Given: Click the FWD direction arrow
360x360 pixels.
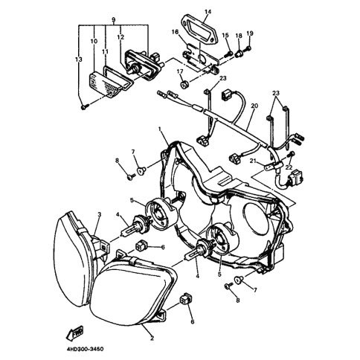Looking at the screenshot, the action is coord(74,333).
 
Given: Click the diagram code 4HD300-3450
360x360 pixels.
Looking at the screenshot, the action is coord(85,350).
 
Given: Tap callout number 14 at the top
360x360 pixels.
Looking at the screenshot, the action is coord(208,12).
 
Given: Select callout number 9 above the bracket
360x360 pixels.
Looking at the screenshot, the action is coord(114,19).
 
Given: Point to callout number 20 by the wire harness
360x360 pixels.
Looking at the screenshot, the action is coord(254,106).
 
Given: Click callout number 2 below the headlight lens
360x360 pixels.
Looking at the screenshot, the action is coord(152,338).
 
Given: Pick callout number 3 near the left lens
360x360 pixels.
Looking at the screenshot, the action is coord(100,214).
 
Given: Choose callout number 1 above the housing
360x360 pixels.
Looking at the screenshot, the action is coord(160,129).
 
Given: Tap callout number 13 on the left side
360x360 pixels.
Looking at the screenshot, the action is coord(79,60).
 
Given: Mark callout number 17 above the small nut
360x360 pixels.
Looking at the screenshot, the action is coord(180,71).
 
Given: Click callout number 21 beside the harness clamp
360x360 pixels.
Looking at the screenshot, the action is coord(253,161).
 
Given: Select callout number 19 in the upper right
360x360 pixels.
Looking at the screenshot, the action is coord(250,33).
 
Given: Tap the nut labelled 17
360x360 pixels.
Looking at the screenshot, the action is coord(184,85).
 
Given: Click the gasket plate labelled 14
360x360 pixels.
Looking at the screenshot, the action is coord(199,28).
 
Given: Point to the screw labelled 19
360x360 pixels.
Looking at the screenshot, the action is coord(248,48).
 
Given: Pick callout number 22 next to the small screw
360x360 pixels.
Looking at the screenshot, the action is coord(289,167).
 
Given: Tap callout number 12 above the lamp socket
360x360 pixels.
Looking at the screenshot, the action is coord(120,37).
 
